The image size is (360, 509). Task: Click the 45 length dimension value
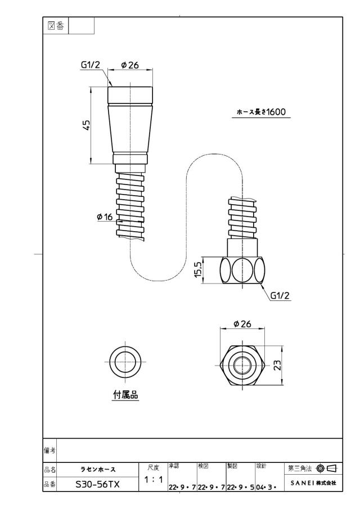(86, 125)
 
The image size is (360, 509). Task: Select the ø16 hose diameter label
(105, 217)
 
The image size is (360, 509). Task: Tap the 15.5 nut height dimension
(198, 270)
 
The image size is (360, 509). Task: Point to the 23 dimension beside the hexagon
(277, 365)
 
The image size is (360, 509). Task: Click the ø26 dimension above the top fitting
(130, 65)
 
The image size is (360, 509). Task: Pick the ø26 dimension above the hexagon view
(242, 323)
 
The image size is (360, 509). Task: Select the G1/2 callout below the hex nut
(280, 295)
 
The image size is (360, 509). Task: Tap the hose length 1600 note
(262, 112)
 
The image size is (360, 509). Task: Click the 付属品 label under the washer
(125, 395)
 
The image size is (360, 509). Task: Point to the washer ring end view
(125, 349)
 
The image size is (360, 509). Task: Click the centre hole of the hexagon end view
(243, 366)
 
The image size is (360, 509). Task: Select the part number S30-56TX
(97, 485)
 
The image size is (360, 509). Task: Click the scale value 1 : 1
(154, 479)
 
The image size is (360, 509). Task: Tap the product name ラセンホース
(98, 470)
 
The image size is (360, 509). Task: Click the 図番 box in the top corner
(56, 26)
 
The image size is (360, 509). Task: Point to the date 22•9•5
(240, 488)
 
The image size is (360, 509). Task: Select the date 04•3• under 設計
(266, 488)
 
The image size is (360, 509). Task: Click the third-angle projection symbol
(327, 468)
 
